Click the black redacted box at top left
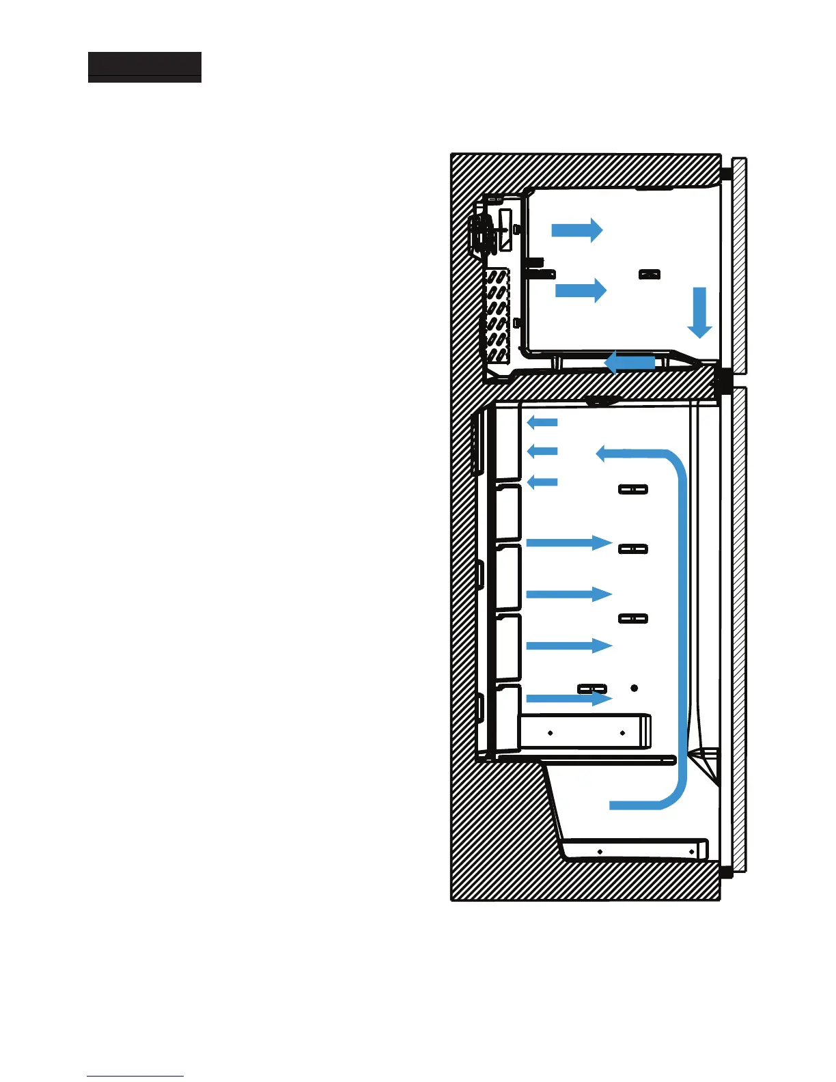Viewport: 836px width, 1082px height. click(x=145, y=67)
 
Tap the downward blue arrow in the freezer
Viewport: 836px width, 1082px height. click(x=699, y=313)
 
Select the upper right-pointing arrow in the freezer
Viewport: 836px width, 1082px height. click(x=577, y=230)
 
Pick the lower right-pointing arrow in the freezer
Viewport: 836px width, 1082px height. click(x=581, y=290)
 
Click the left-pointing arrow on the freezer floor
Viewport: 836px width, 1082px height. click(x=630, y=362)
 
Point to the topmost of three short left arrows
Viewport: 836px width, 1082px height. click(x=542, y=422)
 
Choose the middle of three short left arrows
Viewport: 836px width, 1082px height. click(x=542, y=451)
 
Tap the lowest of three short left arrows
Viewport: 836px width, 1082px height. click(x=542, y=482)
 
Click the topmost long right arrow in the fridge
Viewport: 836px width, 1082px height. click(x=568, y=543)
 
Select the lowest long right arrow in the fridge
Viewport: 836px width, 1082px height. click(x=568, y=698)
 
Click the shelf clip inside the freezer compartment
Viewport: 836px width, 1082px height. click(x=649, y=275)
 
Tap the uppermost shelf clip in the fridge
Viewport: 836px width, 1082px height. click(x=632, y=490)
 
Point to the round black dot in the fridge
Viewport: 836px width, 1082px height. click(x=634, y=688)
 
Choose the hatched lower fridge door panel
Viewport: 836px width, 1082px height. click(x=739, y=628)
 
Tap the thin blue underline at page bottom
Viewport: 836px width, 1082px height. click(x=135, y=1077)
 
